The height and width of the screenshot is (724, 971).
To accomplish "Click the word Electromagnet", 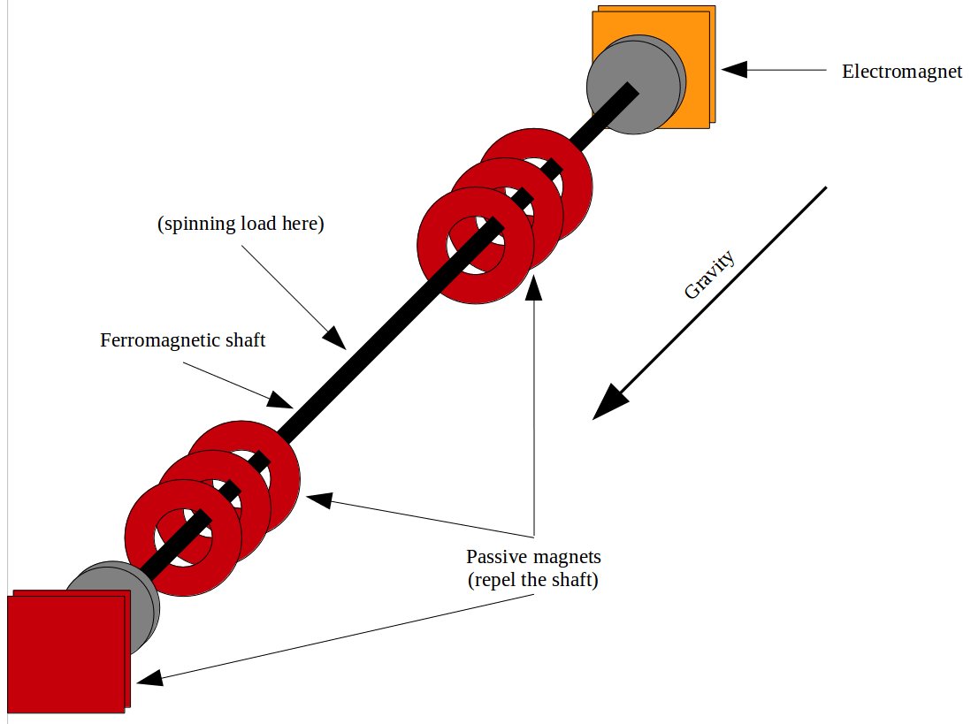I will (x=901, y=72).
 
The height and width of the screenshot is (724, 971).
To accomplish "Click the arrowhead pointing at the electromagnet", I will (x=734, y=69).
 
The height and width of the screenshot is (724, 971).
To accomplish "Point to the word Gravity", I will (x=709, y=275).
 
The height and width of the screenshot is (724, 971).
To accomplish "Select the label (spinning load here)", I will (x=241, y=224).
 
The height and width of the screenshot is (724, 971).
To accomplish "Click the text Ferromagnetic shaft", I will (x=182, y=340).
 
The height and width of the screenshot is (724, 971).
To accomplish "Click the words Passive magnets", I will (x=533, y=557).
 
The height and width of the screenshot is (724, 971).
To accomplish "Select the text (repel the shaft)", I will (x=533, y=581).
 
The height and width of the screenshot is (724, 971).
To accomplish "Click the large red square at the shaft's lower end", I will (x=66, y=654).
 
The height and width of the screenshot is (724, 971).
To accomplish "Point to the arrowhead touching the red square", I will (x=149, y=679).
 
